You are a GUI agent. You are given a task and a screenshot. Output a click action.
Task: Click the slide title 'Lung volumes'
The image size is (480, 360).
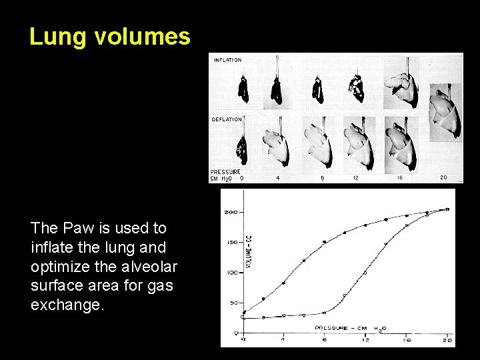coord(109,37)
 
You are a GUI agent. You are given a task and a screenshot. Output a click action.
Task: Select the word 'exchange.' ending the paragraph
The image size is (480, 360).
coord(68,305)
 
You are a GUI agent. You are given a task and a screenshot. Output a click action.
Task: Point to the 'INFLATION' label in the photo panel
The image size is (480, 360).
coord(228,61)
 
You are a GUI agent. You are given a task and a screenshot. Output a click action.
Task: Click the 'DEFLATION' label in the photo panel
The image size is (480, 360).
coord(227,120)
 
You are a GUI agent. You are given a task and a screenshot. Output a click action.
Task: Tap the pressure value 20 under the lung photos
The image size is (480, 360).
coord(444,178)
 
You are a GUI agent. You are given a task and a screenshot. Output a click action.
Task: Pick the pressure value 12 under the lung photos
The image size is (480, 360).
coord(355,178)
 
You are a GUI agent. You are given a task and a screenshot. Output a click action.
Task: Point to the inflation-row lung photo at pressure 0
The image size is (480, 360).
coord(244,88)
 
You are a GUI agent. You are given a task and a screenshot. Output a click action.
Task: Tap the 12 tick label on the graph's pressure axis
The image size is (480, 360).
coord(365,340)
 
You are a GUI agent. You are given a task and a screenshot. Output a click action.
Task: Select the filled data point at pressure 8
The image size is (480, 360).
coord(325,241)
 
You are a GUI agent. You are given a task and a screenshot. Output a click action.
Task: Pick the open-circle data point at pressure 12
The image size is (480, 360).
coord(365,273)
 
